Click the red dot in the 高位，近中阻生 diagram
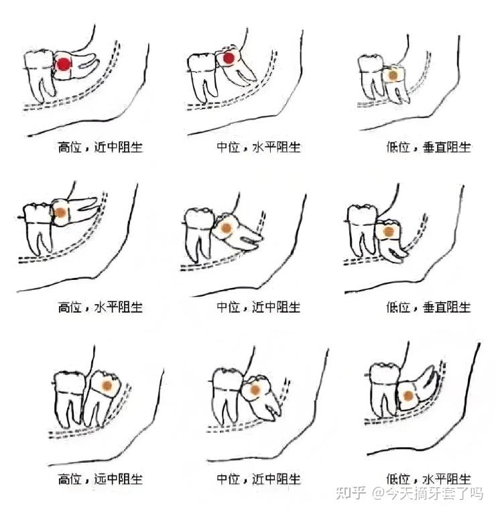(x=63, y=64)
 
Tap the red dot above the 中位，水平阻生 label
(x=228, y=58)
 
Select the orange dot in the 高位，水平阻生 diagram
(x=60, y=213)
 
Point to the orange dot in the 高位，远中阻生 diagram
(x=107, y=386)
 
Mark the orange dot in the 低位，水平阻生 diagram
(x=408, y=396)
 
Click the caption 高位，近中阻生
(x=100, y=147)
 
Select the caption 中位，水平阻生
(x=259, y=147)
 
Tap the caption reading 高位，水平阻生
(x=100, y=307)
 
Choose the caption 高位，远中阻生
(x=100, y=479)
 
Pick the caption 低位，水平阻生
(x=428, y=479)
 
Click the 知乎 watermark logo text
(x=351, y=493)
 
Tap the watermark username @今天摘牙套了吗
(x=428, y=493)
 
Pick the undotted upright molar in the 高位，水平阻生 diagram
(x=38, y=229)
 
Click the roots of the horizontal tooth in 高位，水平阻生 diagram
(x=84, y=206)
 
